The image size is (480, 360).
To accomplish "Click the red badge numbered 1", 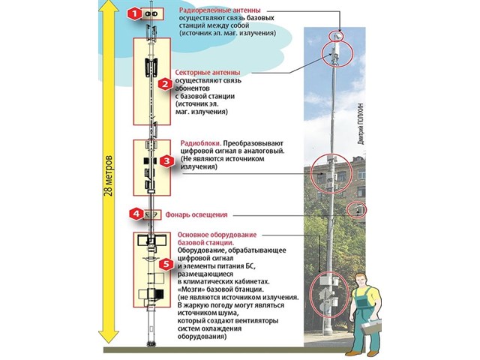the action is pos(134,13).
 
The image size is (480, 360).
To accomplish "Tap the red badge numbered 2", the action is pos(165,83).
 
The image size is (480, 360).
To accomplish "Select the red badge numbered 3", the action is pos(166,160).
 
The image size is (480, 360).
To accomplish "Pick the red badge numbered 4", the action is pos(136,213).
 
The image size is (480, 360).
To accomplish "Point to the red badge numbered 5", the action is pos(166,264).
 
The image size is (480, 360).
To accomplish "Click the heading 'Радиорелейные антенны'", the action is pos(220,10).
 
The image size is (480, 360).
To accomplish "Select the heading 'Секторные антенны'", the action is pos(208,73).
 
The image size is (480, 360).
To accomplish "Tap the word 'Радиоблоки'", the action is pos(200,143).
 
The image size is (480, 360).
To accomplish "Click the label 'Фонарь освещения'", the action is pos(196,214).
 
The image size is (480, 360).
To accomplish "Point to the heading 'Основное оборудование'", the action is pos(217,235).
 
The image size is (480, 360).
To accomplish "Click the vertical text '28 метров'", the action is pos(109,176).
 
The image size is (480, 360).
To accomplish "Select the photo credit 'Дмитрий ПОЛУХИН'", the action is pos(361,124).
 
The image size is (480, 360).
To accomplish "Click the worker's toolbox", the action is pos(371,327).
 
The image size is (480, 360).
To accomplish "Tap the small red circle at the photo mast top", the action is pos(336,36).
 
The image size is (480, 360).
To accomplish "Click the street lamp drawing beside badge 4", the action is pos(151,214).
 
